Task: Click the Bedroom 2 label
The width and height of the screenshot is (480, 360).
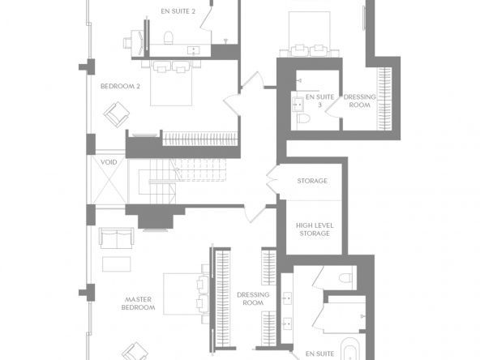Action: tap(120, 86)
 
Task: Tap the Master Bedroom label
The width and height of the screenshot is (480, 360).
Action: tap(138, 303)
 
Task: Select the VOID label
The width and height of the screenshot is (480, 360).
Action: tap(109, 162)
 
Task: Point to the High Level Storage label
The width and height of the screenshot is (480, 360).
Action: tap(315, 229)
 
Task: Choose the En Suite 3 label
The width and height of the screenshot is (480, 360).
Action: tap(319, 101)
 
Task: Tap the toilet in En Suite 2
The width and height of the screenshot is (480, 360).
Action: tap(169, 37)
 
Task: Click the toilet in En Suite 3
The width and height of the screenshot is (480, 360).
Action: tap(303, 118)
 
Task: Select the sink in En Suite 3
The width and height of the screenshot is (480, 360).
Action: tap(298, 105)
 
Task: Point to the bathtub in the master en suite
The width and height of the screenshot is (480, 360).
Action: tap(350, 349)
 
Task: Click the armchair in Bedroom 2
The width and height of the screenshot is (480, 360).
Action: tap(116, 115)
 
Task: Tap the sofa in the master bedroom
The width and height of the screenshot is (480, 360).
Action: tap(116, 238)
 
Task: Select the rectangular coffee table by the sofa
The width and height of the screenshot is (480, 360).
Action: tap(116, 264)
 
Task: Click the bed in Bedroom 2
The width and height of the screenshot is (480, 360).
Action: tap(171, 83)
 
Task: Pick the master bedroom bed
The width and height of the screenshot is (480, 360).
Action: tap(186, 294)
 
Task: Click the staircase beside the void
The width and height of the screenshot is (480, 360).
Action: tap(178, 182)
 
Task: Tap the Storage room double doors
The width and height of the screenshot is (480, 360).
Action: tap(272, 180)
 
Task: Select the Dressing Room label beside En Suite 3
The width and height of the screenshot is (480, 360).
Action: tap(359, 101)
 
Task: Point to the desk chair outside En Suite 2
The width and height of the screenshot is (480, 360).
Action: tap(129, 42)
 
